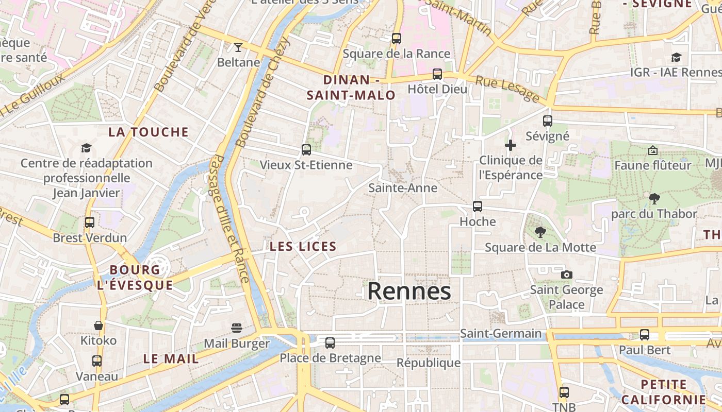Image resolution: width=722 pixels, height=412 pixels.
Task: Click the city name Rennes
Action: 409,291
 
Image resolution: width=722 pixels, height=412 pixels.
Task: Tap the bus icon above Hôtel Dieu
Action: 437,74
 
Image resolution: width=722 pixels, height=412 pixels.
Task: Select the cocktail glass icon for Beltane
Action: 238,47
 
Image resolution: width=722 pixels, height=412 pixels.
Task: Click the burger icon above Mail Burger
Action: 237,328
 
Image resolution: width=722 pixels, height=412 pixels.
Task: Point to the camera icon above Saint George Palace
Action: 567,274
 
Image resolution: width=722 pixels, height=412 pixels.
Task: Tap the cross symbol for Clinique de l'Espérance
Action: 511,145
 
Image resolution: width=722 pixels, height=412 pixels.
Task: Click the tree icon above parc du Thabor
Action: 654,198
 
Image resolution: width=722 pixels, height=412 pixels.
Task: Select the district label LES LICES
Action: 303,247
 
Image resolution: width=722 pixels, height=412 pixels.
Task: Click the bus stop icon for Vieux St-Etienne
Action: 306,150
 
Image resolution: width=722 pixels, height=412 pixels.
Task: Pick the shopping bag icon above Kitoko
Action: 99,325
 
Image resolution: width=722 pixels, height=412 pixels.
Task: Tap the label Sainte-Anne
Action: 403,188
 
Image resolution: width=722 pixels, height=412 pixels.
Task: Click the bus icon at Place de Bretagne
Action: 330,342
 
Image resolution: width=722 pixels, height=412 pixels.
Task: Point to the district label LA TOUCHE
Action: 149,132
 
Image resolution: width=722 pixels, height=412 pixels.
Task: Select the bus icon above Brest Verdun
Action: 90,222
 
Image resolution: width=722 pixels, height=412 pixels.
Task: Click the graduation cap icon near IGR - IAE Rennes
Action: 676,57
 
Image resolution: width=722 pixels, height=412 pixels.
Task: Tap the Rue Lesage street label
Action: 507,89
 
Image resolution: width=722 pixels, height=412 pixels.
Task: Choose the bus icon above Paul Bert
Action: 645,335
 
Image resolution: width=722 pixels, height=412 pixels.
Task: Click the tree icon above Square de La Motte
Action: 540,232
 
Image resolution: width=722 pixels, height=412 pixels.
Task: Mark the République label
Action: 429,363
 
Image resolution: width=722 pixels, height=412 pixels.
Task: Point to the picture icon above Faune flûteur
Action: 652,150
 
